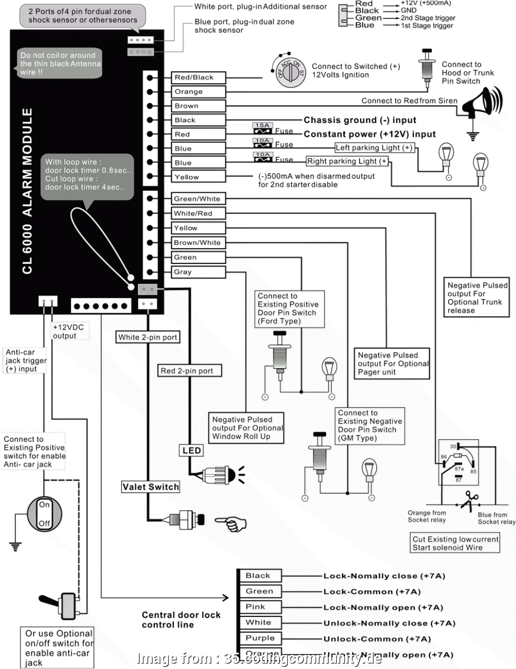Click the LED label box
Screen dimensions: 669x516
(191, 451)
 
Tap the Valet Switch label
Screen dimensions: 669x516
(150, 487)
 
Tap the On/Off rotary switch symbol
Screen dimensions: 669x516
(43, 514)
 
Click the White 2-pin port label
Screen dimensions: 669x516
(148, 337)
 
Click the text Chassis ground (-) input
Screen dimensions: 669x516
(360, 120)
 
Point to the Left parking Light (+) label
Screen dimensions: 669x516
(374, 148)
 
